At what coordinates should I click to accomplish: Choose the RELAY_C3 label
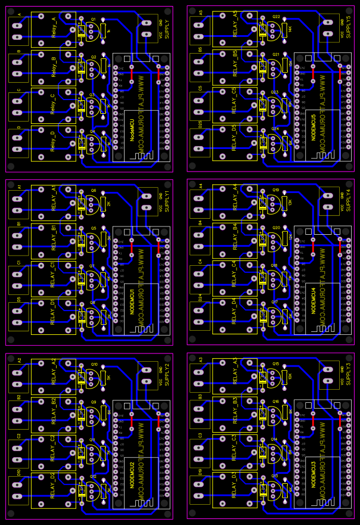235,448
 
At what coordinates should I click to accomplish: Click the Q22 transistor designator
276,17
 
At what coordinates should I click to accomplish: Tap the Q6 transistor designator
93,191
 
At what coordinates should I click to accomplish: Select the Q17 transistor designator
275,302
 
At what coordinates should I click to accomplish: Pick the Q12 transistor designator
93,477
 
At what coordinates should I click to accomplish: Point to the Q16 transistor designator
275,402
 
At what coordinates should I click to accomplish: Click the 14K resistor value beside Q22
290,29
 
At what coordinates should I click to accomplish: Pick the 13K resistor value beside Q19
290,203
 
